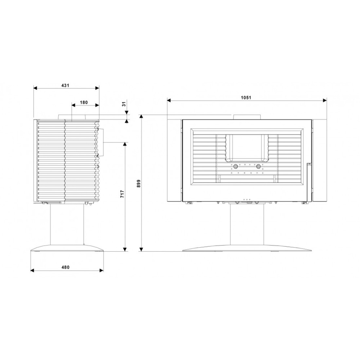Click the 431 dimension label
(x=65, y=85)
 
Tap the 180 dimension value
(x=84, y=102)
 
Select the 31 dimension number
(x=124, y=104)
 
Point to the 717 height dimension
(x=122, y=194)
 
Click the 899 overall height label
(x=138, y=184)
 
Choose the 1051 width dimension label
(x=246, y=98)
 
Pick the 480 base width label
(x=65, y=267)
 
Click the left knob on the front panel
(x=235, y=166)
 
